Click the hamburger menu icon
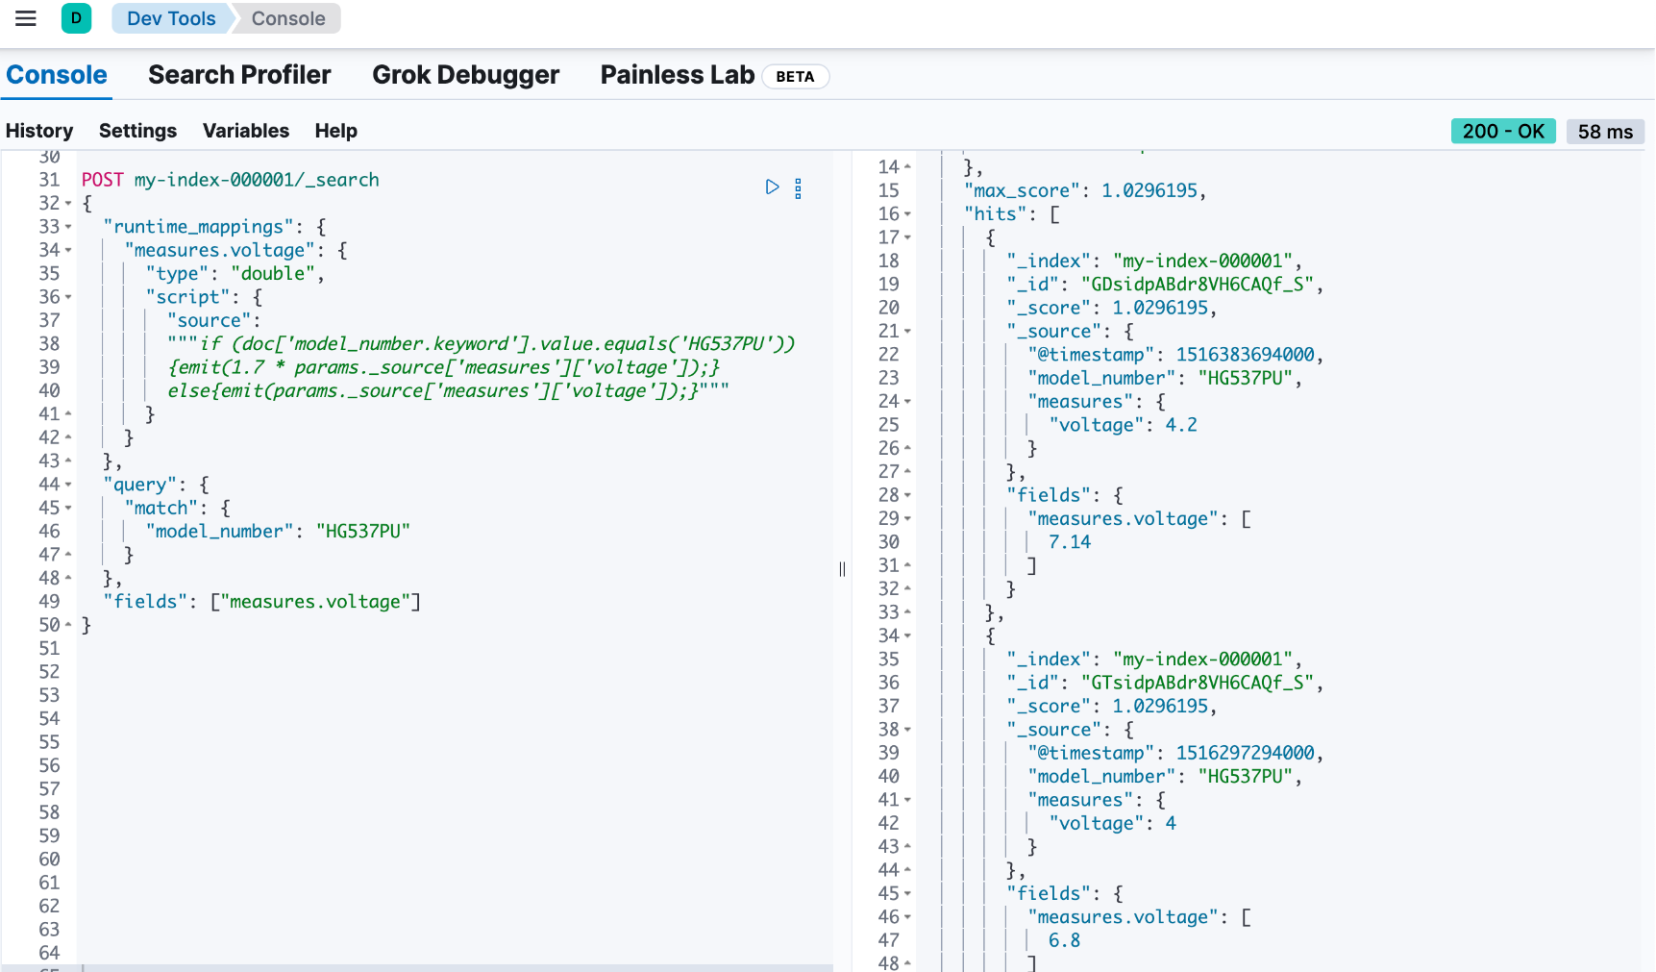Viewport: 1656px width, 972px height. [x=26, y=18]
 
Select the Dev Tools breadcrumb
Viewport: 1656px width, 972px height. [x=171, y=18]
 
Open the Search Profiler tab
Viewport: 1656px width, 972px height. [x=239, y=75]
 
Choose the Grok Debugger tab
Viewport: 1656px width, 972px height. [x=465, y=75]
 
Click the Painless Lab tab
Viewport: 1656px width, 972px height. [x=678, y=75]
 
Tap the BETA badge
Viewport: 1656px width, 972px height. [x=795, y=77]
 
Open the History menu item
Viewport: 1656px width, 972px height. [x=39, y=131]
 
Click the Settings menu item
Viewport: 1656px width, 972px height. [x=137, y=131]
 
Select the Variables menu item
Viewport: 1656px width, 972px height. [x=246, y=131]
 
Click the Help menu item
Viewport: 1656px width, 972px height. [x=336, y=131]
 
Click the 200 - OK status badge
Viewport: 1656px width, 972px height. [x=1503, y=131]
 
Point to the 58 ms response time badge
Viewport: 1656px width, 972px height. [x=1605, y=132]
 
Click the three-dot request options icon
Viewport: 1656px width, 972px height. [x=798, y=188]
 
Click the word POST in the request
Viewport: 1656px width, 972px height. [x=103, y=180]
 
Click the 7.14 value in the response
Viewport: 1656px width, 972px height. [x=1070, y=542]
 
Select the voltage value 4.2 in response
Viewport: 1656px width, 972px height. [x=1181, y=425]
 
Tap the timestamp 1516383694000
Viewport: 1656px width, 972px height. [x=1246, y=355]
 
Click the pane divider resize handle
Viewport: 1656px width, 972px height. [x=842, y=569]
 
